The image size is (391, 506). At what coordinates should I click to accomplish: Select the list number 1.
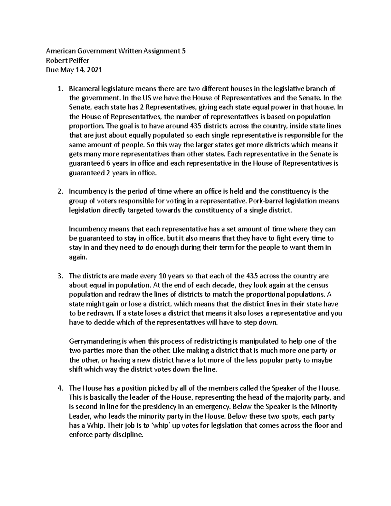coord(60,89)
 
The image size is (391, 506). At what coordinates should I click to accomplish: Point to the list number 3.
coord(60,276)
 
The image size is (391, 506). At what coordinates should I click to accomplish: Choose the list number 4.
coord(60,388)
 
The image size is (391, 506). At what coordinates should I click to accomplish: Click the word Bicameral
coord(83,89)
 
